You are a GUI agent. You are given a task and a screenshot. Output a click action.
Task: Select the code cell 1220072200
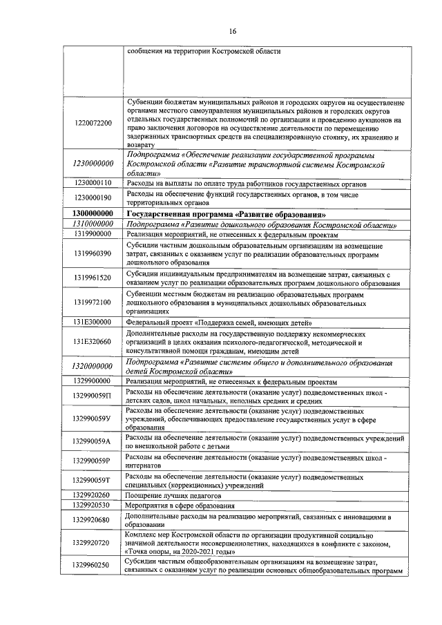pyautogui.click(x=92, y=122)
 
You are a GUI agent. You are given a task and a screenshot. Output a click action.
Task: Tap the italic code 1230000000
pyautogui.click(x=92, y=164)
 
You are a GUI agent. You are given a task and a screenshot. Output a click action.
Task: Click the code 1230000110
pyautogui.click(x=92, y=182)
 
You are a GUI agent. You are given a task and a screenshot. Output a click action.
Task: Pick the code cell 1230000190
pyautogui.click(x=92, y=198)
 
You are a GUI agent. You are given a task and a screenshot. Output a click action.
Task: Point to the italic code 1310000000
pyautogui.click(x=92, y=224)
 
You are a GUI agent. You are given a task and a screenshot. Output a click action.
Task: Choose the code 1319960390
pyautogui.click(x=92, y=253)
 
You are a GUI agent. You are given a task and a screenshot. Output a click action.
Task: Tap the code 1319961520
pyautogui.click(x=92, y=278)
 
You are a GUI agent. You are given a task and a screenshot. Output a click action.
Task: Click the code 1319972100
pyautogui.click(x=92, y=302)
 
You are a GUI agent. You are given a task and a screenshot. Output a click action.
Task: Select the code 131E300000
pyautogui.click(x=92, y=321)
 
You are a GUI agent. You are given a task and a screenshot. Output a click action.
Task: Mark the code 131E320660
pyautogui.click(x=92, y=341)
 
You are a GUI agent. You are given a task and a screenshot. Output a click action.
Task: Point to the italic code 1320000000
pyautogui.click(x=92, y=366)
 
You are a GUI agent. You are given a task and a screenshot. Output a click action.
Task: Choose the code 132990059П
pyautogui.click(x=92, y=396)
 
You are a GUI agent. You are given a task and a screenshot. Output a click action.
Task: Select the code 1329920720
pyautogui.click(x=92, y=543)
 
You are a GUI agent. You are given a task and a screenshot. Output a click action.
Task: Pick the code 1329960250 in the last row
pyautogui.click(x=92, y=566)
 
